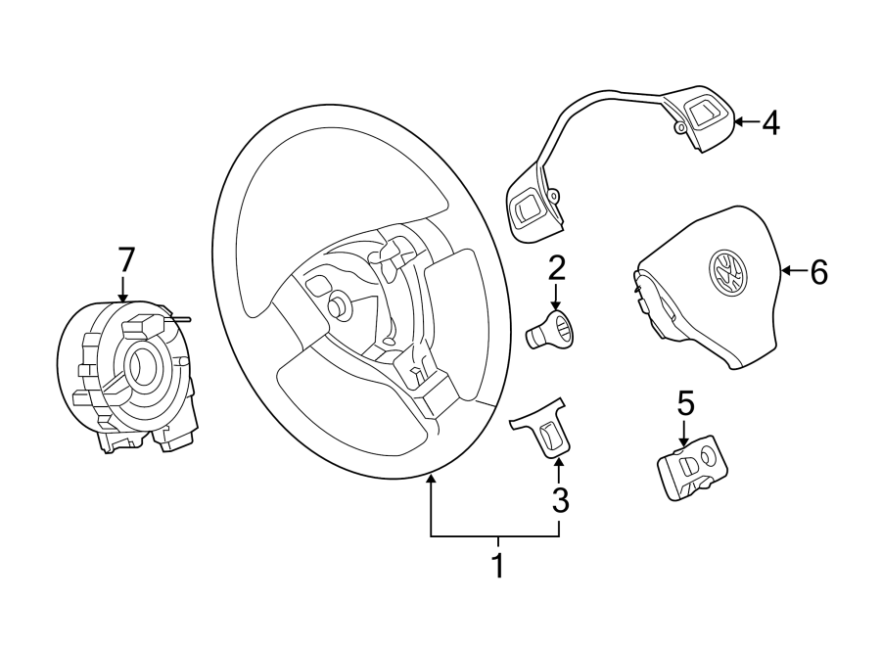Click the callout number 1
(x=496, y=566)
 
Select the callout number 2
(x=556, y=266)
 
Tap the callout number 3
(x=559, y=499)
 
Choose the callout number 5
(x=685, y=402)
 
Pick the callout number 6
(x=818, y=271)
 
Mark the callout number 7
(x=124, y=259)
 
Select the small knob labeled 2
(x=553, y=329)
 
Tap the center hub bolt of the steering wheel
(x=340, y=305)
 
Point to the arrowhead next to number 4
(x=739, y=122)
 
